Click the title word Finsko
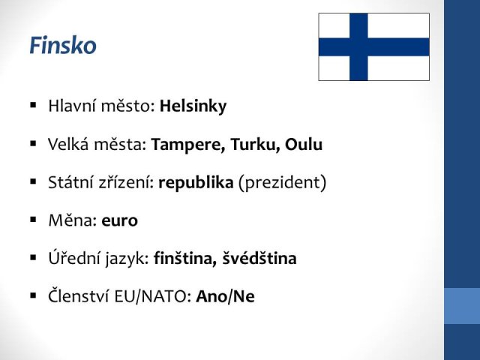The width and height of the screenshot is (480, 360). tap(63, 45)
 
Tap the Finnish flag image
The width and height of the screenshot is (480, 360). tap(373, 46)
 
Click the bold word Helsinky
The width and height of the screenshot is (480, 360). tap(193, 106)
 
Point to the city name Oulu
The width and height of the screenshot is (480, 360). tap(304, 145)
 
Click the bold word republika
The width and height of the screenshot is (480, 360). tap(196, 183)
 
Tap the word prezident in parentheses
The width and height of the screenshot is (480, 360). tap(282, 183)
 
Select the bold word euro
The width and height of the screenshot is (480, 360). tap(119, 220)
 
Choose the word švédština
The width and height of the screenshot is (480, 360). tap(259, 258)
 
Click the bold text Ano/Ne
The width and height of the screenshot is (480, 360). tap(225, 296)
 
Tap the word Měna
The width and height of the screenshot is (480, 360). tap(70, 220)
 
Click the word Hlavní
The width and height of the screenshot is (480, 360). tap(72, 106)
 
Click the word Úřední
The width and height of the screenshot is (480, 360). tap(73, 257)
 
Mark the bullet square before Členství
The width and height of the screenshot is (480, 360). tap(33, 295)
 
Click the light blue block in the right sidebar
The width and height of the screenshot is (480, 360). tap(462, 305)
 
